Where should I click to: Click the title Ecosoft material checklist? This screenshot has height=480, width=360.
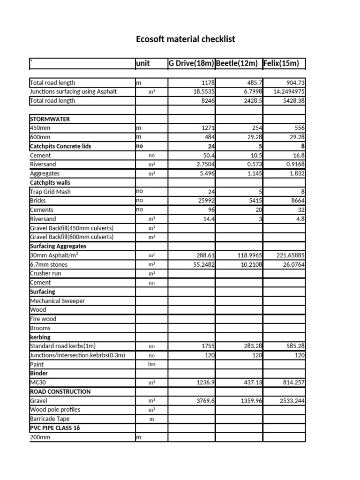pos(186,39)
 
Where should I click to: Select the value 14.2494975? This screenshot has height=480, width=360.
pos(286,91)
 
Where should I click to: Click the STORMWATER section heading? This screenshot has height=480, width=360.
pos(50,119)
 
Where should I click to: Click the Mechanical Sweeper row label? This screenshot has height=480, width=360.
pos(57,301)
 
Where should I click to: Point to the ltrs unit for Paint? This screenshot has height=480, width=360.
pos(151,364)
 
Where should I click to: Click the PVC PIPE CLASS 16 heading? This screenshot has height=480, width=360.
pos(54,428)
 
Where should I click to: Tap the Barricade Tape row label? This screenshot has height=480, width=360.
pos(48,419)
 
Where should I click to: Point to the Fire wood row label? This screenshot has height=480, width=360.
pos(43,319)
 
